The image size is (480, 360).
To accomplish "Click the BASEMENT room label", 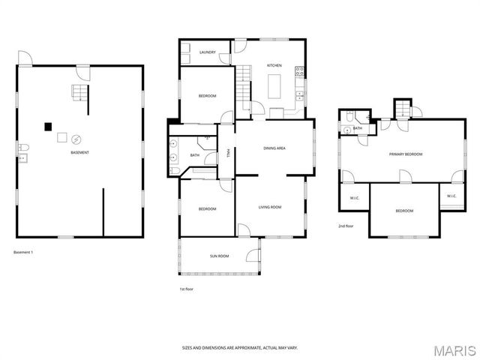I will point(80,153).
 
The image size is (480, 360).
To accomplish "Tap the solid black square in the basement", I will point(47,126).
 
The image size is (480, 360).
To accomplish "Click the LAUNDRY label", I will point(208,52).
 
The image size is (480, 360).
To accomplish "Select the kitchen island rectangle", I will point(274,85).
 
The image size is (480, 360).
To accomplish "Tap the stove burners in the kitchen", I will point(299,73).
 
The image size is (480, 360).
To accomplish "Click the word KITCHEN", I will point(274,66).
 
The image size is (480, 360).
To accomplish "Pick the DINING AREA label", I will point(274,148).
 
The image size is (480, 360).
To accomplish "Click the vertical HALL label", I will point(227,153).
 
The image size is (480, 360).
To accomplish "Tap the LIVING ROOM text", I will point(270,207).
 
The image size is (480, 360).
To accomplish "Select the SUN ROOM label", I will point(219,256).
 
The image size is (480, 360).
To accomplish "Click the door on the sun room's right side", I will point(259,248).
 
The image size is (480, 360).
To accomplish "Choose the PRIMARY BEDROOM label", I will point(405,154).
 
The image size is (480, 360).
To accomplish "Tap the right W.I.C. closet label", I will point(451,196).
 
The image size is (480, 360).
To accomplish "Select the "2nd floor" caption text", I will point(346,225).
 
